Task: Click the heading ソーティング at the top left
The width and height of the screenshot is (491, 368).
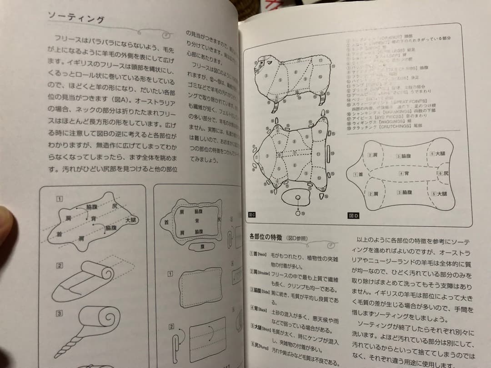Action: pyautogui.click(x=76, y=19)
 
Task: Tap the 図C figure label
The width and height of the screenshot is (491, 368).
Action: pyautogui.click(x=252, y=215)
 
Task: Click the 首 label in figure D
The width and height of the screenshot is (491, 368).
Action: pyautogui.click(x=359, y=174)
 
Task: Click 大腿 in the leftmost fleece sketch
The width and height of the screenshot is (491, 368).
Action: pyautogui.click(x=130, y=220)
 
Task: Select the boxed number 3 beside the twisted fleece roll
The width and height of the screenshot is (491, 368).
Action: pyautogui.click(x=60, y=313)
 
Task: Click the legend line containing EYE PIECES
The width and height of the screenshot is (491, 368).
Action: pyautogui.click(x=386, y=117)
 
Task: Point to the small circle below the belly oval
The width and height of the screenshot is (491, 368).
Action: pyautogui.click(x=298, y=212)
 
